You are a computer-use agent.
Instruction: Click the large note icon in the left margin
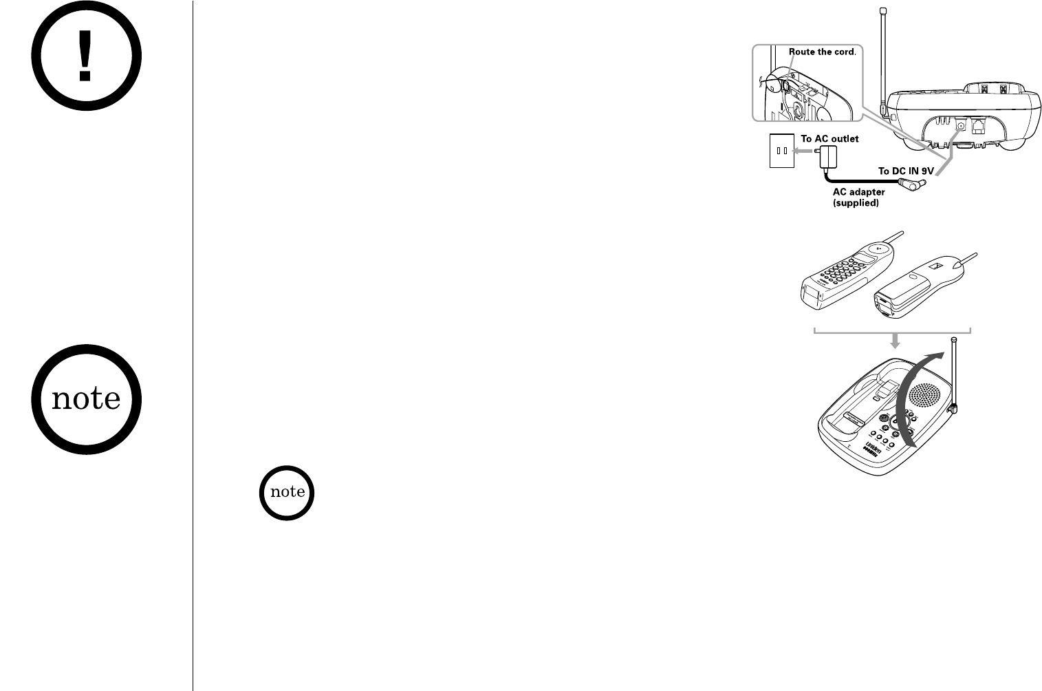pyautogui.click(x=85, y=398)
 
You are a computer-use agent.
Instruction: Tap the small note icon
pyautogui.click(x=287, y=492)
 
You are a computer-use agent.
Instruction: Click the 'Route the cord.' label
pyautogui.click(x=822, y=52)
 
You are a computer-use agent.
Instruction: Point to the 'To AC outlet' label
pyautogui.click(x=829, y=139)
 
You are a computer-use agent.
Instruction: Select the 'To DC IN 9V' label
pyautogui.click(x=906, y=171)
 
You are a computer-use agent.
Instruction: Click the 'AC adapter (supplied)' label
pyautogui.click(x=858, y=198)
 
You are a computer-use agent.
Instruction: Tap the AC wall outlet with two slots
pyautogui.click(x=781, y=151)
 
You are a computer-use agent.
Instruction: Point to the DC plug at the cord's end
pyautogui.click(x=913, y=184)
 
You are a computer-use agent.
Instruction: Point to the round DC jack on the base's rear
pyautogui.click(x=961, y=125)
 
